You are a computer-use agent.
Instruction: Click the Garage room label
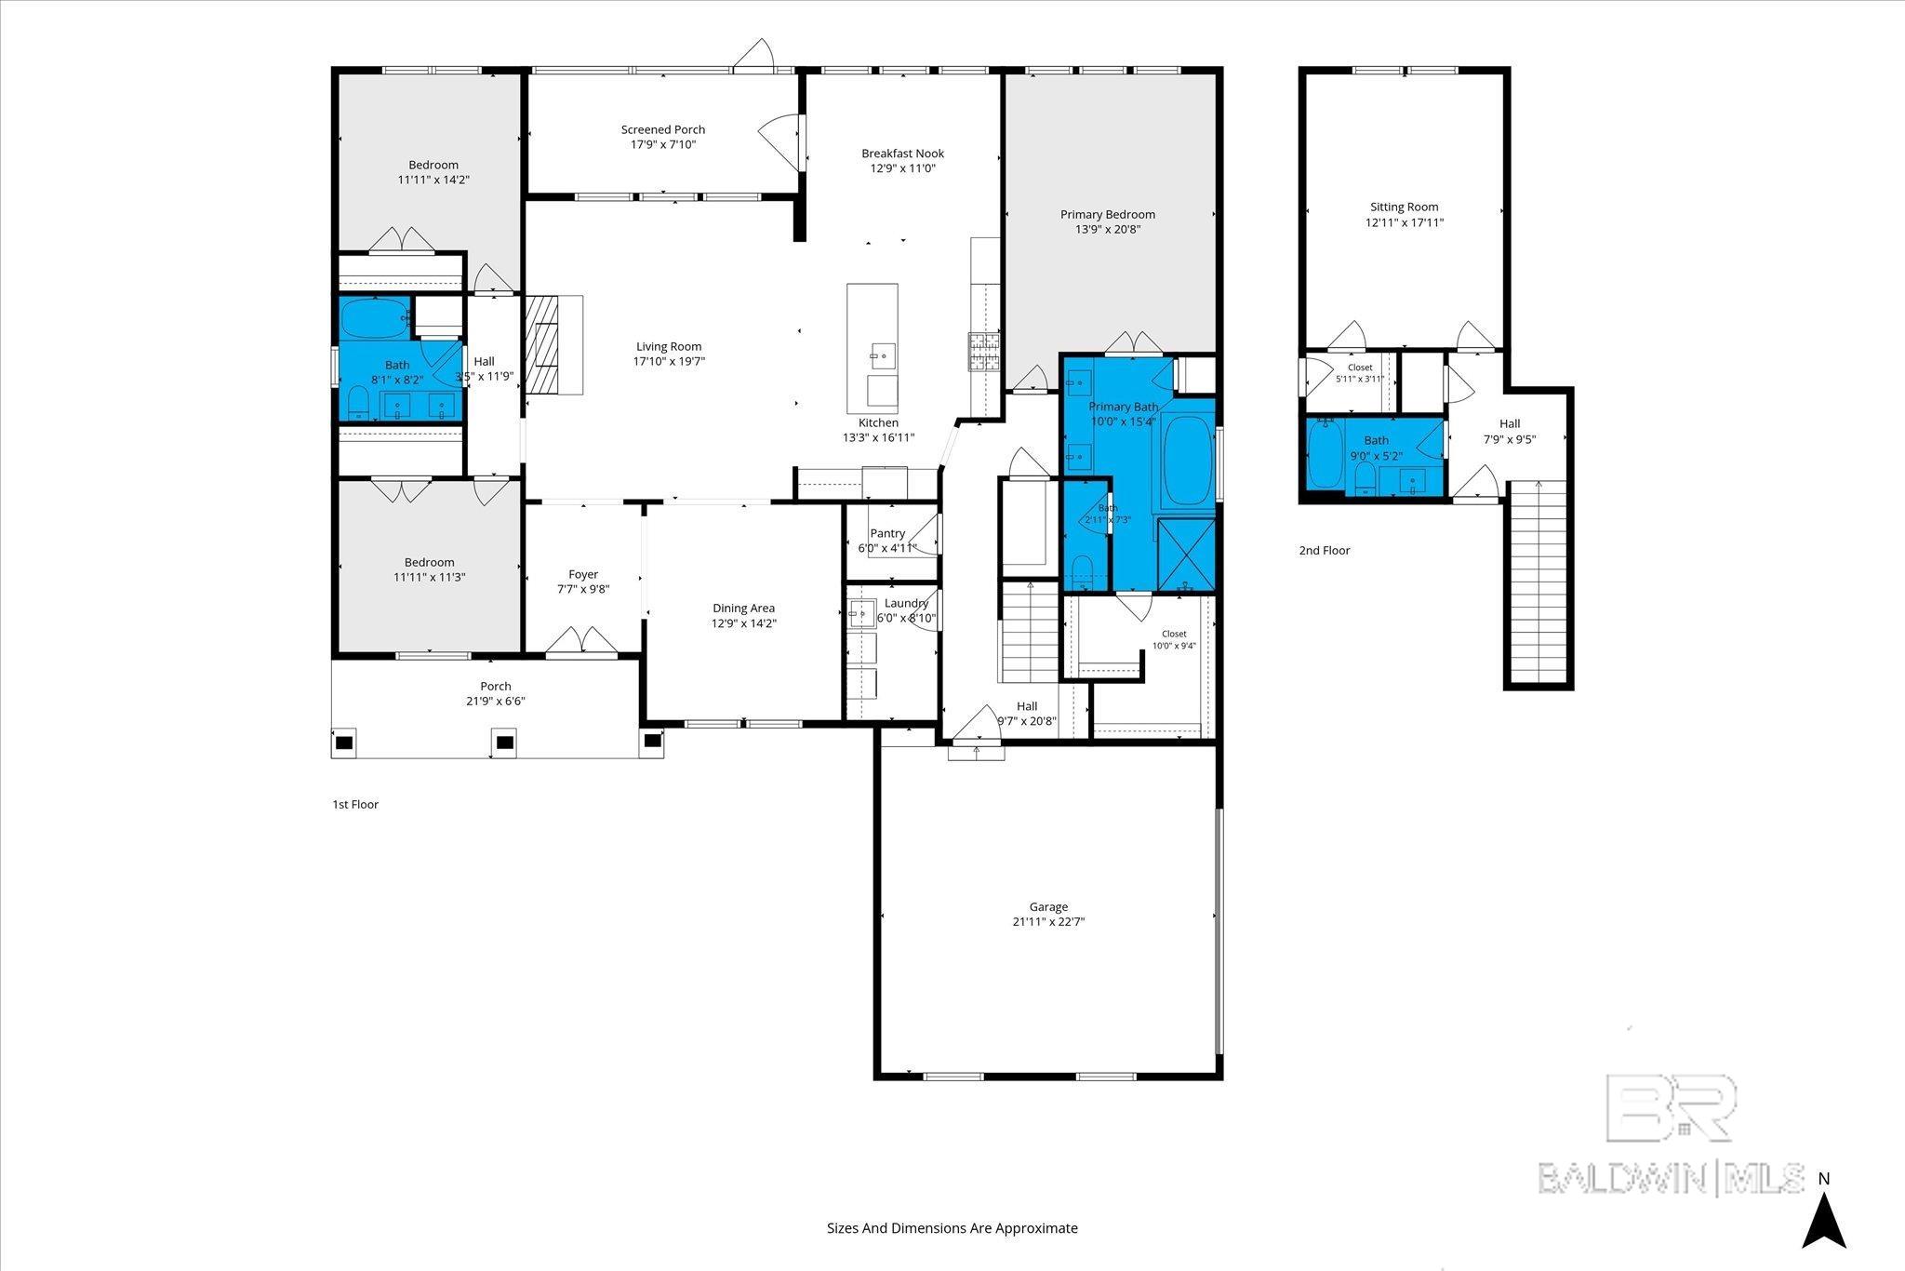pos(1048,906)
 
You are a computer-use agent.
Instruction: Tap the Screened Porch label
pos(663,129)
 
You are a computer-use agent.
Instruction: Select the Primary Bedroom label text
pos(1108,214)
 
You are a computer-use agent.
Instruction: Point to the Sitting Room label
pos(1405,207)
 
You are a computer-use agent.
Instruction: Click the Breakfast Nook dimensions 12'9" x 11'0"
pos(902,168)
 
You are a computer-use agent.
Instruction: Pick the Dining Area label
pos(744,609)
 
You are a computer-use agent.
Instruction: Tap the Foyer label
pos(583,574)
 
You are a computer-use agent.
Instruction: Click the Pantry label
pos(887,533)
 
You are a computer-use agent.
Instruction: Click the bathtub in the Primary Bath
pos(1188,461)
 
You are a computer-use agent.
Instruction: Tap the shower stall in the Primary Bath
pos(1186,555)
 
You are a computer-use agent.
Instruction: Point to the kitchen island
pos(873,349)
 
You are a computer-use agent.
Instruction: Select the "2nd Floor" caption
pos(1325,550)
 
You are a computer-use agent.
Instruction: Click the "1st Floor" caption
pos(355,804)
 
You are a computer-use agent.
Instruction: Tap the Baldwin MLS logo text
pos(1671,1178)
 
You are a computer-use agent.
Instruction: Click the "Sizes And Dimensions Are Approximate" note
pos(952,1227)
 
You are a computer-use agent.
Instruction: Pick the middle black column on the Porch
pos(504,743)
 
